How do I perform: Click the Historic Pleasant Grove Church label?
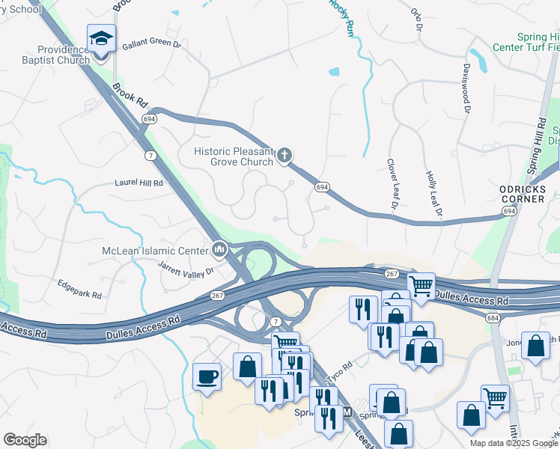(x=233, y=156)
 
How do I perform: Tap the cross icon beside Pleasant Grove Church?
(x=284, y=156)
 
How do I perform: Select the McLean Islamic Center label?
(x=156, y=251)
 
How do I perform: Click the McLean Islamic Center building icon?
(x=219, y=248)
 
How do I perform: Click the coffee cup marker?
(x=207, y=376)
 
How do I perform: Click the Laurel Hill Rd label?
(x=139, y=181)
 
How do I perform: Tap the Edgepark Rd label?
(x=79, y=290)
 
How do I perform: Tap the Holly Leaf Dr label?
(x=433, y=195)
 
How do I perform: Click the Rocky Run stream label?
(x=341, y=17)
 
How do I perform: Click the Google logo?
(x=25, y=440)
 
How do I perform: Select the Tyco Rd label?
(x=341, y=370)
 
